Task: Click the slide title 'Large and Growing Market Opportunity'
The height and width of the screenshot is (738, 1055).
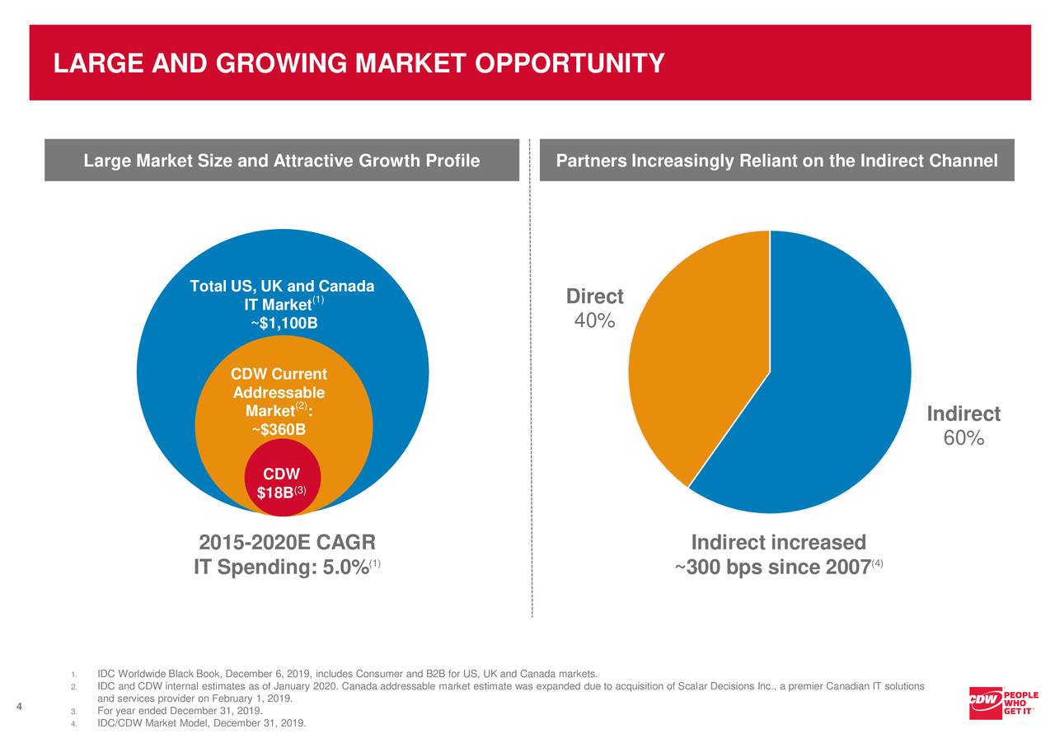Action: (359, 63)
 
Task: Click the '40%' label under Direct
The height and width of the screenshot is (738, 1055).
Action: (594, 321)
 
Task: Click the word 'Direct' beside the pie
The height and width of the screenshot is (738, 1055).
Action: (594, 297)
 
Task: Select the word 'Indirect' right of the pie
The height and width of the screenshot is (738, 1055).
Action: (964, 413)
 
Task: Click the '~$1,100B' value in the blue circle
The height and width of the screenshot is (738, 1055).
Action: (283, 324)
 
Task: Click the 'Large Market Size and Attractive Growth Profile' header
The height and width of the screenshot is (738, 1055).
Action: (282, 161)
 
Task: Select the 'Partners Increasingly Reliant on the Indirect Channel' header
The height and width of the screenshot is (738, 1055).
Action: (776, 161)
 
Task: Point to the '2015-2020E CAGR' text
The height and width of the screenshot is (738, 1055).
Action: (287, 543)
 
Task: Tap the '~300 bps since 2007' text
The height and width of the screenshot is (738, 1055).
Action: (773, 568)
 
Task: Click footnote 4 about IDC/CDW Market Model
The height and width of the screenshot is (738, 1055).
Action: (201, 723)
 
